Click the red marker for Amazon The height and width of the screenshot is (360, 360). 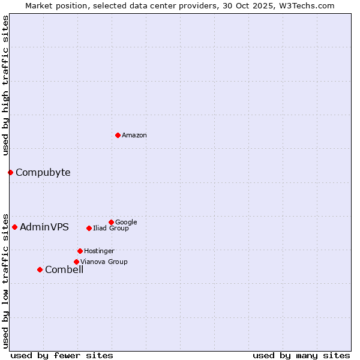click(118, 135)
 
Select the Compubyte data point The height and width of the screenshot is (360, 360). click(10, 173)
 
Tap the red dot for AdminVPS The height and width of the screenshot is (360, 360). click(14, 227)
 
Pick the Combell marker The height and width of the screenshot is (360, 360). click(40, 269)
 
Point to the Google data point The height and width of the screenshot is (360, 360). click(111, 222)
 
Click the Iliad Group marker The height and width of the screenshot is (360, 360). click(89, 228)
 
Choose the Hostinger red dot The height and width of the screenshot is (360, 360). click(80, 251)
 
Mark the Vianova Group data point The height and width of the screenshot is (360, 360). click(76, 262)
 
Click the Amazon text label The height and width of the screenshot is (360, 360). click(134, 135)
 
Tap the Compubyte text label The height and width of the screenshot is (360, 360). click(43, 173)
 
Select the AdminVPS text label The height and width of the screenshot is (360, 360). click(44, 227)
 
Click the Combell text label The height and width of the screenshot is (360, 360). click(64, 269)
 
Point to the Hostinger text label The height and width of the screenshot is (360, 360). click(99, 251)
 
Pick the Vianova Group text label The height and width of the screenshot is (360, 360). click(104, 262)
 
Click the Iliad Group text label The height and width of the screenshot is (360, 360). click(111, 228)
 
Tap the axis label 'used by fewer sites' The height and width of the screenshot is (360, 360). click(62, 355)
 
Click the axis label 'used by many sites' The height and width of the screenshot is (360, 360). click(301, 355)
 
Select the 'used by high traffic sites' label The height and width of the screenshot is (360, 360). click(5, 85)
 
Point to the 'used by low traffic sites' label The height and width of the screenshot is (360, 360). click(5, 280)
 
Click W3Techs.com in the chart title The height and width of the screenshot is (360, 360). click(305, 5)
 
